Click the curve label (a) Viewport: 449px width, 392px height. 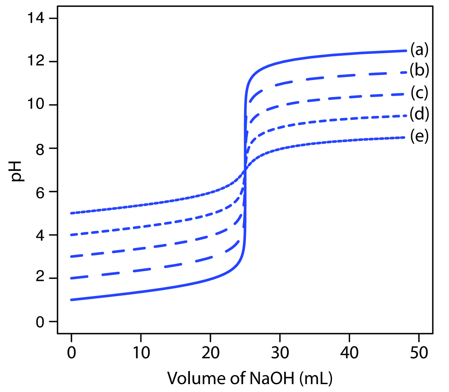(x=419, y=49)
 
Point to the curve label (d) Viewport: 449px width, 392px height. (x=419, y=114)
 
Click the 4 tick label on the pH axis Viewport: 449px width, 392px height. (x=40, y=235)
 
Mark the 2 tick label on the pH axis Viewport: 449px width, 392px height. (x=40, y=278)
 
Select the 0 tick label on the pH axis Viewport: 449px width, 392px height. (x=40, y=321)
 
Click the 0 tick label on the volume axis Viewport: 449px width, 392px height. (x=72, y=352)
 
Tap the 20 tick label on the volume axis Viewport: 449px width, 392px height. (x=210, y=352)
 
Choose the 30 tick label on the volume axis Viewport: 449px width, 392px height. (x=280, y=352)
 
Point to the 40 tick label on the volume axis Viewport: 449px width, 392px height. (x=349, y=352)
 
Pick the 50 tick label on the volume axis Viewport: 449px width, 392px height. (x=419, y=352)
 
